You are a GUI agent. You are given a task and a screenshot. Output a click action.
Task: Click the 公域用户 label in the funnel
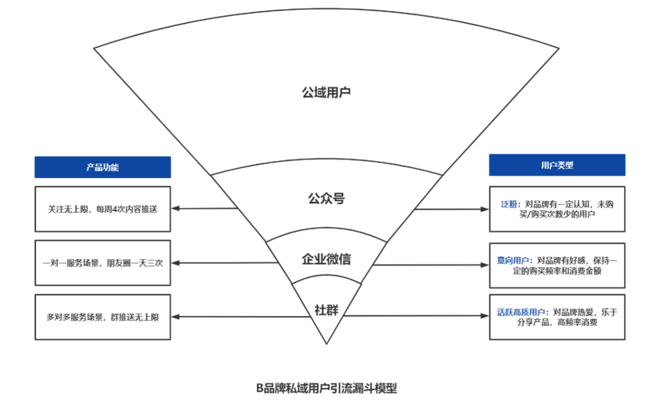pyautogui.click(x=326, y=93)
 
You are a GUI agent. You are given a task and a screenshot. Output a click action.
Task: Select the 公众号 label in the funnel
pyautogui.click(x=326, y=199)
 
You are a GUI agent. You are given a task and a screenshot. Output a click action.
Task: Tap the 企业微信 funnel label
pyautogui.click(x=326, y=259)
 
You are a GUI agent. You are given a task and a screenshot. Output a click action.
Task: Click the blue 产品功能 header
pyautogui.click(x=103, y=167)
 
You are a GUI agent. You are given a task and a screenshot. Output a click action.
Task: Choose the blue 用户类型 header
pyautogui.click(x=557, y=165)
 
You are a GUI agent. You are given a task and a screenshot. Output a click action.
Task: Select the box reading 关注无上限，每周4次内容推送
pyautogui.click(x=103, y=209)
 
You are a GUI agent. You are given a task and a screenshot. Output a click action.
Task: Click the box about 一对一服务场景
pyautogui.click(x=103, y=263)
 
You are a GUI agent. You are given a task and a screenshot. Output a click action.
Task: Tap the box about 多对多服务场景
pyautogui.click(x=103, y=317)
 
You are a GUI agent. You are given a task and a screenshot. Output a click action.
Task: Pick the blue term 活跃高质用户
pyautogui.click(x=521, y=312)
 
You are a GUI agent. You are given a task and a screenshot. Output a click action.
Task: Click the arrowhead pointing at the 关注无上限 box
pyautogui.click(x=175, y=209)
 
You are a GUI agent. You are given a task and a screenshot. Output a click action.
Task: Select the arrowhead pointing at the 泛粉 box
pyautogui.click(x=486, y=209)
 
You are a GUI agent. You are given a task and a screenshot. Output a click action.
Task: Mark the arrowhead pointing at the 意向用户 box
pyautogui.click(x=486, y=265)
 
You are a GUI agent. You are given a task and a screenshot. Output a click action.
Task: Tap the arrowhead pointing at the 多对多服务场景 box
pyautogui.click(x=175, y=317)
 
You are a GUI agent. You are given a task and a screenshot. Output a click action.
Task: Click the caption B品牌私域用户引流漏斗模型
pyautogui.click(x=326, y=387)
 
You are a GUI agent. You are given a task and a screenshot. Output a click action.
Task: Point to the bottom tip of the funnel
pyautogui.click(x=326, y=343)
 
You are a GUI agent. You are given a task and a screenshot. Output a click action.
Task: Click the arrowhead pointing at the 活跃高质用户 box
pyautogui.click(x=486, y=316)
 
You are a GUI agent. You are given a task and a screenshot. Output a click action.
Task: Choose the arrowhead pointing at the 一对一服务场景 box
pyautogui.click(x=175, y=263)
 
